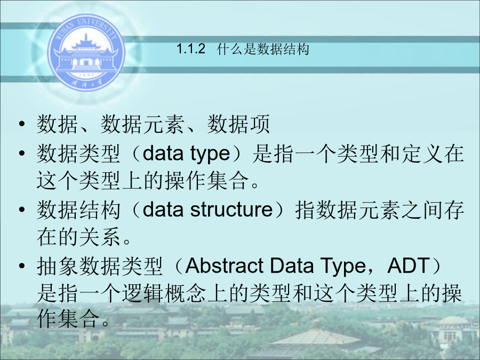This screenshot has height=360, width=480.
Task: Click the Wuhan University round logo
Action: point(86,52)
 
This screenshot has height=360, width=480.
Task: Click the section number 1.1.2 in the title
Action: point(191,49)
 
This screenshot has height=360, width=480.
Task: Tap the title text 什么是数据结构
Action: point(263,49)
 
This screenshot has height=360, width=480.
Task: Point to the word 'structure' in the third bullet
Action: point(231,210)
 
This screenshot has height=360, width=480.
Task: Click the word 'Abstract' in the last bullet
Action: point(224,265)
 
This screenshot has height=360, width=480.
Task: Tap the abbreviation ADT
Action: point(409,265)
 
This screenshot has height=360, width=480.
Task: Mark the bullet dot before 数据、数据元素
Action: point(21,124)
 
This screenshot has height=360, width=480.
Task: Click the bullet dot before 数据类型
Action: point(21,153)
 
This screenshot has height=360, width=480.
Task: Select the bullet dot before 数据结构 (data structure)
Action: point(21,210)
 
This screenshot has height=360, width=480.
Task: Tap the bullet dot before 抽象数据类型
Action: point(21,266)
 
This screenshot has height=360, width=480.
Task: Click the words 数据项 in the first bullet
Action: point(238,124)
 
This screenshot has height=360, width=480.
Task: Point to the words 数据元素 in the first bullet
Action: point(143,124)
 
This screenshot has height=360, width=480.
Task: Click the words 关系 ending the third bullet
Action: point(100,237)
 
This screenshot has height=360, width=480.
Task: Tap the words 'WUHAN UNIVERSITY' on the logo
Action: point(87,28)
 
